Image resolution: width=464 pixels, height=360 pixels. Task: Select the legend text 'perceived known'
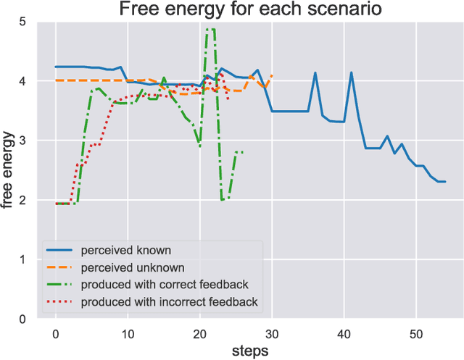point(126,251)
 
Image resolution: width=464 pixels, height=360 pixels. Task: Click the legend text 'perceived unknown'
point(132,267)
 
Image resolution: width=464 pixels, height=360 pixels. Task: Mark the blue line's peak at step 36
point(315,72)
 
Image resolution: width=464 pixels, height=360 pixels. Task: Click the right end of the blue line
point(445,182)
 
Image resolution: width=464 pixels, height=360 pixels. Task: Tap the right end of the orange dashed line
point(272,75)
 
